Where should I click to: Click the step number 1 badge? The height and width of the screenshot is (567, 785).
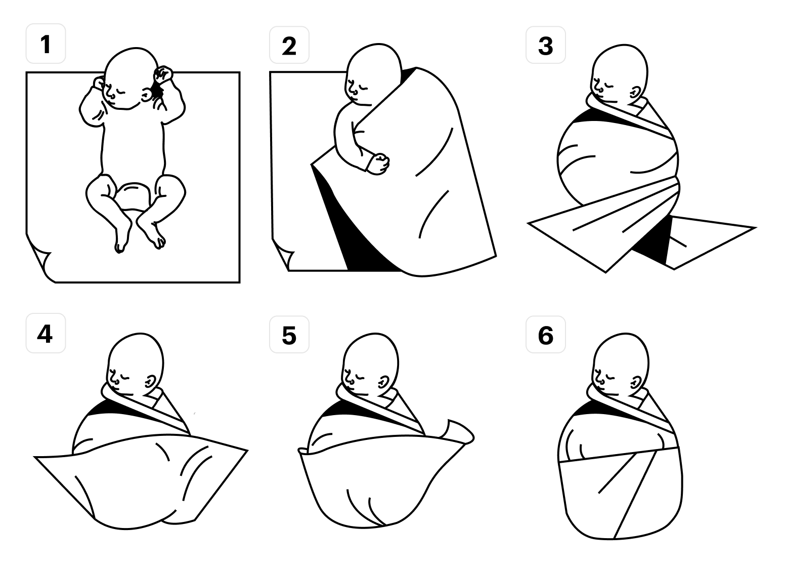pos(46,44)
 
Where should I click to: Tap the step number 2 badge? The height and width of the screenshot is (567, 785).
pos(289,45)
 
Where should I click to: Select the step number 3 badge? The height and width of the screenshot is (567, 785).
pos(546,45)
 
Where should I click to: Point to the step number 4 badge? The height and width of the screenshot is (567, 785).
pos(46,333)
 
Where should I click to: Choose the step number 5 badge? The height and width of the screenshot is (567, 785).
pos(289,335)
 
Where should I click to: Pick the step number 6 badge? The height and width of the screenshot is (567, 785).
pos(546,335)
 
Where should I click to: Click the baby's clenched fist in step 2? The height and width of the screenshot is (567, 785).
pos(378,164)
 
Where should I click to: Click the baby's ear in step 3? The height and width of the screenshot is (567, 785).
pos(635,93)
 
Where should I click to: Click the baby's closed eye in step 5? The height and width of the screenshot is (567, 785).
pos(360,378)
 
